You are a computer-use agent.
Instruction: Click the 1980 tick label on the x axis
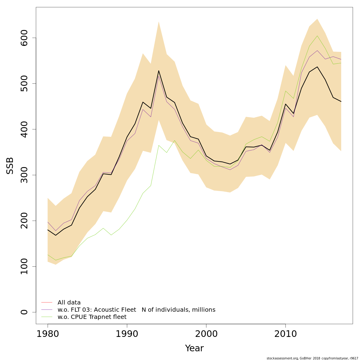click(48, 334)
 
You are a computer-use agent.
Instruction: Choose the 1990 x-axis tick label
click(127, 334)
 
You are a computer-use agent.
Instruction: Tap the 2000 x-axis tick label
click(206, 334)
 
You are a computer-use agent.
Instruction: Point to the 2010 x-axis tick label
click(285, 334)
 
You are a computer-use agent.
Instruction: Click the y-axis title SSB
click(10, 166)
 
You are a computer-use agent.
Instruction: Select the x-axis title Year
click(194, 348)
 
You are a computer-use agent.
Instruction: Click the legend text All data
click(69, 303)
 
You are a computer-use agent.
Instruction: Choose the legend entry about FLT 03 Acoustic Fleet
click(136, 310)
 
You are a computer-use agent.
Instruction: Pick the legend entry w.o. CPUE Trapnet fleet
click(92, 317)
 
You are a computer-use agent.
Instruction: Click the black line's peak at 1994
click(158, 71)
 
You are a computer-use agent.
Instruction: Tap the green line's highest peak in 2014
click(317, 36)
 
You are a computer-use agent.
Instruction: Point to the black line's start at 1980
click(48, 230)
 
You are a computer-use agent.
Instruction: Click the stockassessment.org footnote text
click(312, 358)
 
